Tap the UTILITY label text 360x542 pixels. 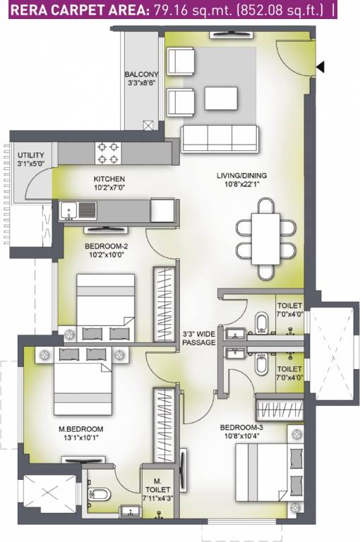[31, 155]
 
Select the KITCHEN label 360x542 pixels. [109, 179]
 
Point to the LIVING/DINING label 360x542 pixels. [241, 175]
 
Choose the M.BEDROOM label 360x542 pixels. [81, 428]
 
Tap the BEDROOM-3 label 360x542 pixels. [242, 428]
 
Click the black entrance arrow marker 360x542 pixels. [320, 67]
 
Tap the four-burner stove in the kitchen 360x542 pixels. [109, 151]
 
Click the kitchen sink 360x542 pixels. [78, 210]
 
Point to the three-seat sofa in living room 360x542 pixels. [220, 135]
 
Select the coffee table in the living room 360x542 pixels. [221, 97]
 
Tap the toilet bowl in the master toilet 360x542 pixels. [100, 492]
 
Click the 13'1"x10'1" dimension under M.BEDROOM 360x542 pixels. [81, 438]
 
